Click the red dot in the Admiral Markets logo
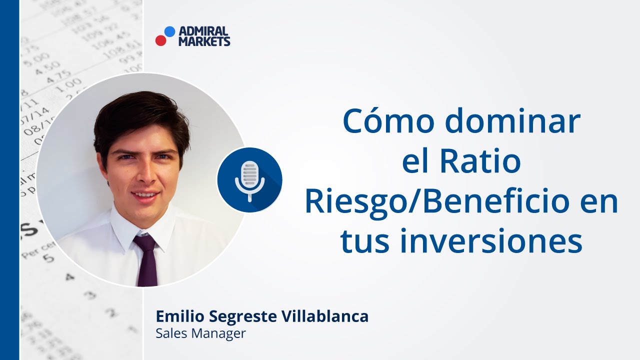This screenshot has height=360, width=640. [x=160, y=40]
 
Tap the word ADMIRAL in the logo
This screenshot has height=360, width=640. [x=203, y=32]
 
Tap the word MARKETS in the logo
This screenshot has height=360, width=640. [x=204, y=41]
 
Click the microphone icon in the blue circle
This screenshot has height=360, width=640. [x=249, y=180]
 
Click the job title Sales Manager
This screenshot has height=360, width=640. [x=200, y=333]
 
